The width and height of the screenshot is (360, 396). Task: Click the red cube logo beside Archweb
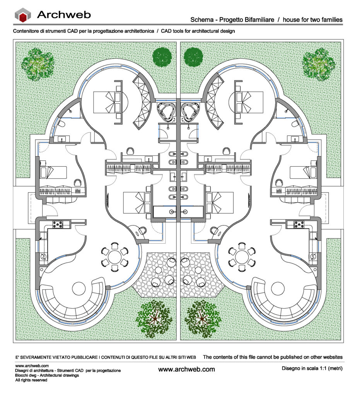pyautogui.click(x=23, y=15)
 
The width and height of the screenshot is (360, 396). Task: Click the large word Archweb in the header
pyautogui.click(x=64, y=15)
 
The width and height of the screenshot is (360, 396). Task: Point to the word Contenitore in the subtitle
pyautogui.click(x=25, y=31)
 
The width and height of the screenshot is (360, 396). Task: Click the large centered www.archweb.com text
pyautogui.click(x=186, y=369)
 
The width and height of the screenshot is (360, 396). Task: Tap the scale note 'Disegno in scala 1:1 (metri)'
pyautogui.click(x=312, y=368)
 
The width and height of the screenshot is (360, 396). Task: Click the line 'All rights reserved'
pyautogui.click(x=31, y=380)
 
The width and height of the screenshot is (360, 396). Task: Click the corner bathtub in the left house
pyautogui.click(x=166, y=111)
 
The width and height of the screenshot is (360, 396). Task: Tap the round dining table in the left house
pyautogui.click(x=115, y=257)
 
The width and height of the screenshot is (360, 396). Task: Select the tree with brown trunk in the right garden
pyautogui.click(x=202, y=319)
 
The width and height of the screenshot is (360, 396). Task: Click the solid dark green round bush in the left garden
pyautogui.click(x=162, y=57)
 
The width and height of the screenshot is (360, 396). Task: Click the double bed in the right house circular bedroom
pyautogui.click(x=249, y=102)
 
